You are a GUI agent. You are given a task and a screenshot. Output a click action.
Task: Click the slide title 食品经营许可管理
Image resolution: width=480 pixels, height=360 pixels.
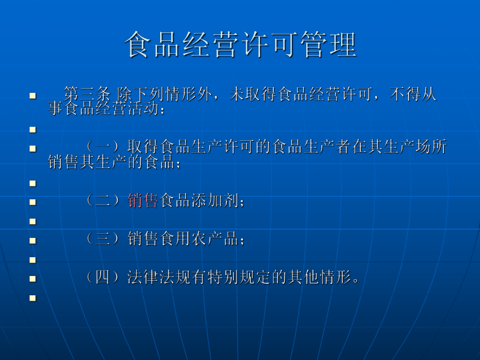click(x=241, y=45)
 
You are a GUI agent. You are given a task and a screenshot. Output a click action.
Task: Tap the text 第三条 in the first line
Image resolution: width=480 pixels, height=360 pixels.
click(x=87, y=95)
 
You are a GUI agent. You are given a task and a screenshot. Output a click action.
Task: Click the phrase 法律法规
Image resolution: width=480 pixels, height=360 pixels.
click(x=158, y=278)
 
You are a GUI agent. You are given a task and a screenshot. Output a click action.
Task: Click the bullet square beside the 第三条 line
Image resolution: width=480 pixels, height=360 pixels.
click(x=33, y=96)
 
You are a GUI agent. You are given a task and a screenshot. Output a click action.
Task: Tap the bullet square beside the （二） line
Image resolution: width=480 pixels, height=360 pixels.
click(x=33, y=202)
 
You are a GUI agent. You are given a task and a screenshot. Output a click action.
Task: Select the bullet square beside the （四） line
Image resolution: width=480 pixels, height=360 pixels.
click(x=33, y=279)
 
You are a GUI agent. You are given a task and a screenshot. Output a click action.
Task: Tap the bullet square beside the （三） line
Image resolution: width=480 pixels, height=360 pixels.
click(x=33, y=241)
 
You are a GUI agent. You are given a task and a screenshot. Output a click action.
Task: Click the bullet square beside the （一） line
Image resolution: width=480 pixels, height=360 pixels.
click(x=33, y=149)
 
